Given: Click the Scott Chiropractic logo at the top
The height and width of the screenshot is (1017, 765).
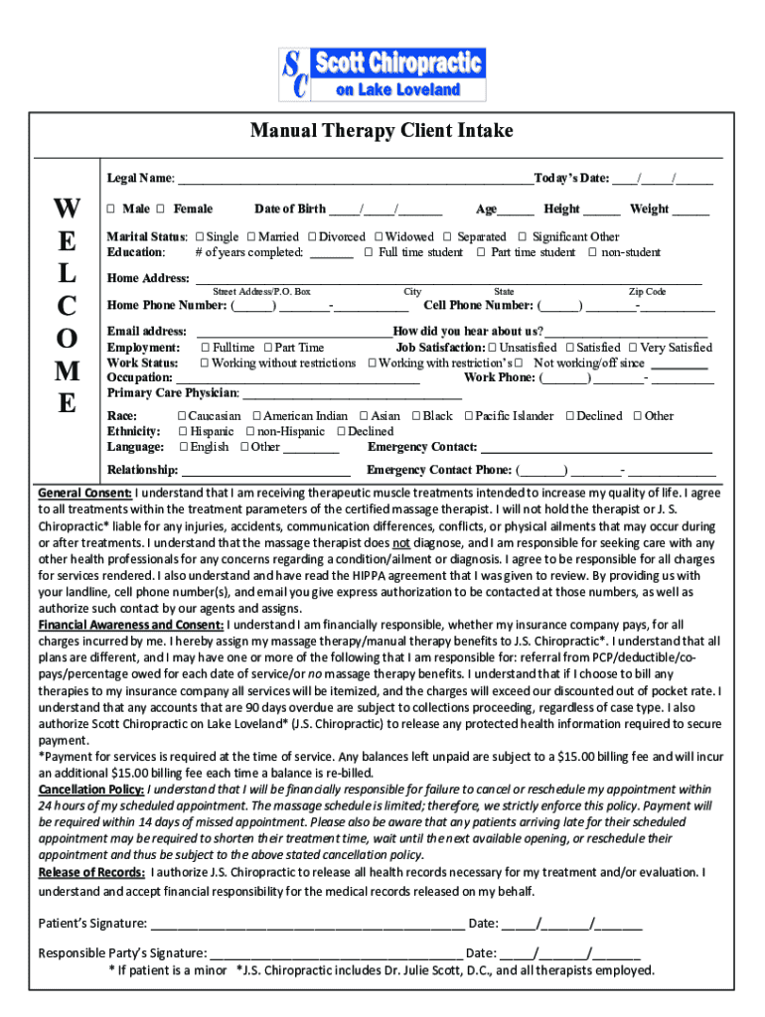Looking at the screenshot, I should click(382, 73).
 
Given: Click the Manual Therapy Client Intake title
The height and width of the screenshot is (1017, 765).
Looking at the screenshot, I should click(382, 131).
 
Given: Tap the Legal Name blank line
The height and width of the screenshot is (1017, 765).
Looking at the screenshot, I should click(354, 180).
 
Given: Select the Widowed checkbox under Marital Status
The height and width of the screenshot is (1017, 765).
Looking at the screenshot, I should click(379, 237).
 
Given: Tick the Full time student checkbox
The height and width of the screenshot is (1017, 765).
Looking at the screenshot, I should click(368, 252).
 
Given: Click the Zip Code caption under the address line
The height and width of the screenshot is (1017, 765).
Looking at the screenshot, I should click(647, 292).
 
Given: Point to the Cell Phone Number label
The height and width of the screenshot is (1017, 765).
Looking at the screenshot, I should click(479, 306).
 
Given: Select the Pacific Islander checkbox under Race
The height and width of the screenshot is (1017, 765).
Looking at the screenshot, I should click(468, 416).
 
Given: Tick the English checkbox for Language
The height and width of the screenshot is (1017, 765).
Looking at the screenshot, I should click(183, 447).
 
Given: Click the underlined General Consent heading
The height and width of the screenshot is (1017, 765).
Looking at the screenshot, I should click(84, 494).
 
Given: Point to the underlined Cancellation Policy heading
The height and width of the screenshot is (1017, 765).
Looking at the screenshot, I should click(91, 790).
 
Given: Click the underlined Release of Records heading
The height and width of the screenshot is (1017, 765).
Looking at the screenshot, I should click(90, 873).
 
